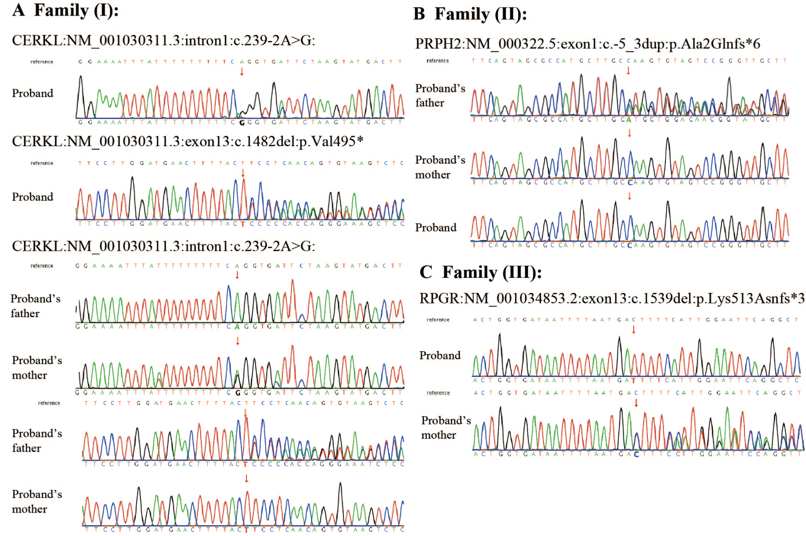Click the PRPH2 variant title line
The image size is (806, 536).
click(x=587, y=44)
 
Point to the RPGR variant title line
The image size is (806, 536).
click(x=612, y=298)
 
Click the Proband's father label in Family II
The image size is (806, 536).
click(x=440, y=95)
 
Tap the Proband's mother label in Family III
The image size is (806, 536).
click(x=446, y=427)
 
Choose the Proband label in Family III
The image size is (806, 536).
click(x=440, y=355)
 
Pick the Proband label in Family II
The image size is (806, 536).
click(x=435, y=227)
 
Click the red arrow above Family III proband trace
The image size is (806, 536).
click(x=633, y=330)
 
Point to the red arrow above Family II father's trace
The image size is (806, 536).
click(x=628, y=71)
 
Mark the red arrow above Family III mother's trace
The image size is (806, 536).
click(x=636, y=403)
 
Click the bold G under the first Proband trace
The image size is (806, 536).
click(x=242, y=123)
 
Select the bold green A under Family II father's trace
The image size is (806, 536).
click(x=628, y=120)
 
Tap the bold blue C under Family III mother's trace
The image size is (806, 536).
click(x=636, y=454)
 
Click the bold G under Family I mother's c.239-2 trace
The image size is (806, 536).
click(x=238, y=393)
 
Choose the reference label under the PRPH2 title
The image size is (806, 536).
click(x=438, y=61)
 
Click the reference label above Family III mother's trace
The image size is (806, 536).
click(x=438, y=393)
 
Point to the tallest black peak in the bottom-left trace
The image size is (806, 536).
click(x=340, y=484)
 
